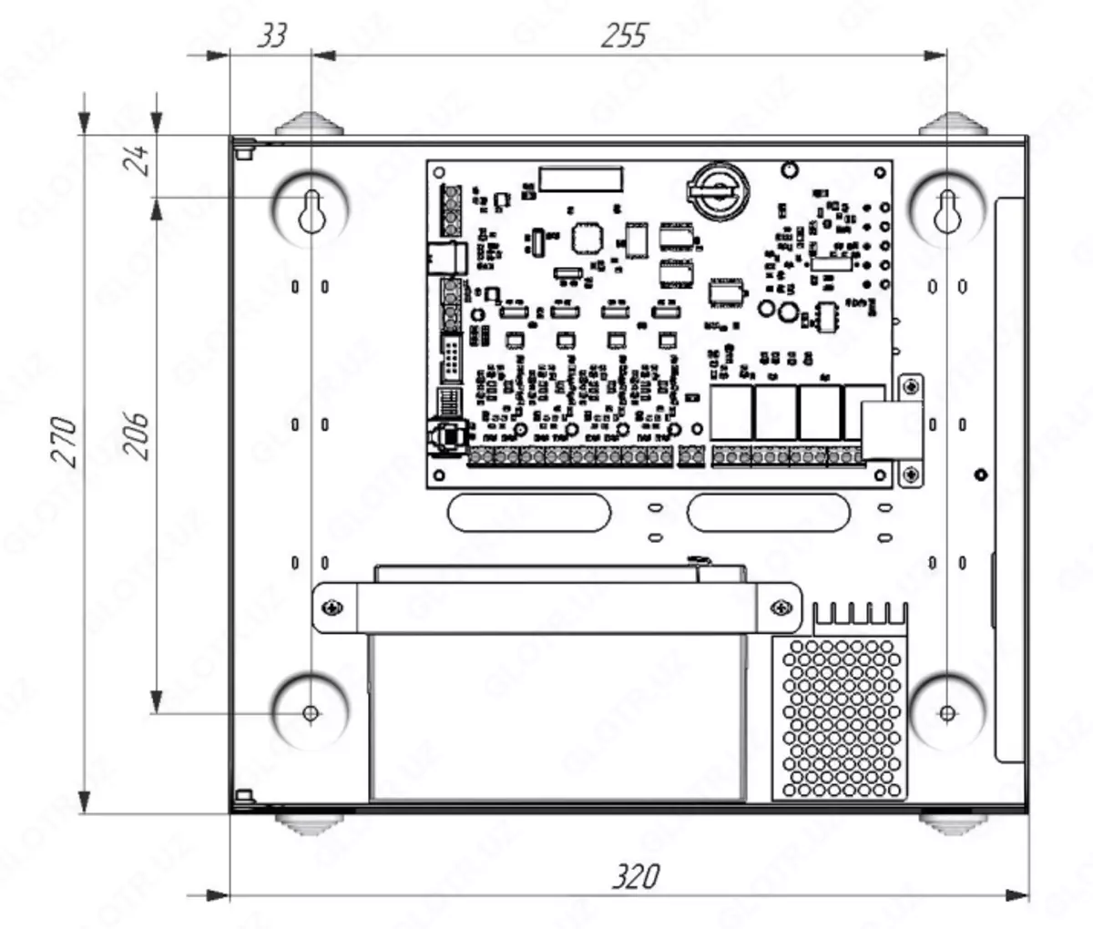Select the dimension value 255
coord(624,36)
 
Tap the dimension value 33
coord(271,36)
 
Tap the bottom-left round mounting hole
coord(312,712)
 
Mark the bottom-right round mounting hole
coord(947,712)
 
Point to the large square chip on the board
coord(587,239)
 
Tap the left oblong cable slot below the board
coord(529,512)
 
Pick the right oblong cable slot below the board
coord(769,512)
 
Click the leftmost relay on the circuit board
coord(730,412)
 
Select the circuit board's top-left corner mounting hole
coord(439,172)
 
